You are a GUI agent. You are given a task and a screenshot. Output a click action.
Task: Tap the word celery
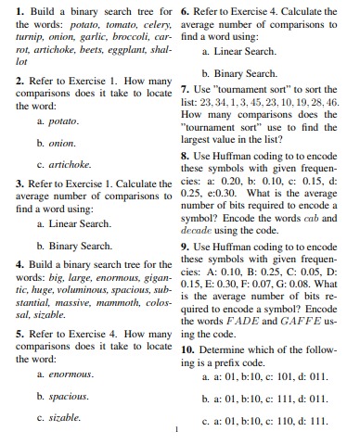coord(152,20)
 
